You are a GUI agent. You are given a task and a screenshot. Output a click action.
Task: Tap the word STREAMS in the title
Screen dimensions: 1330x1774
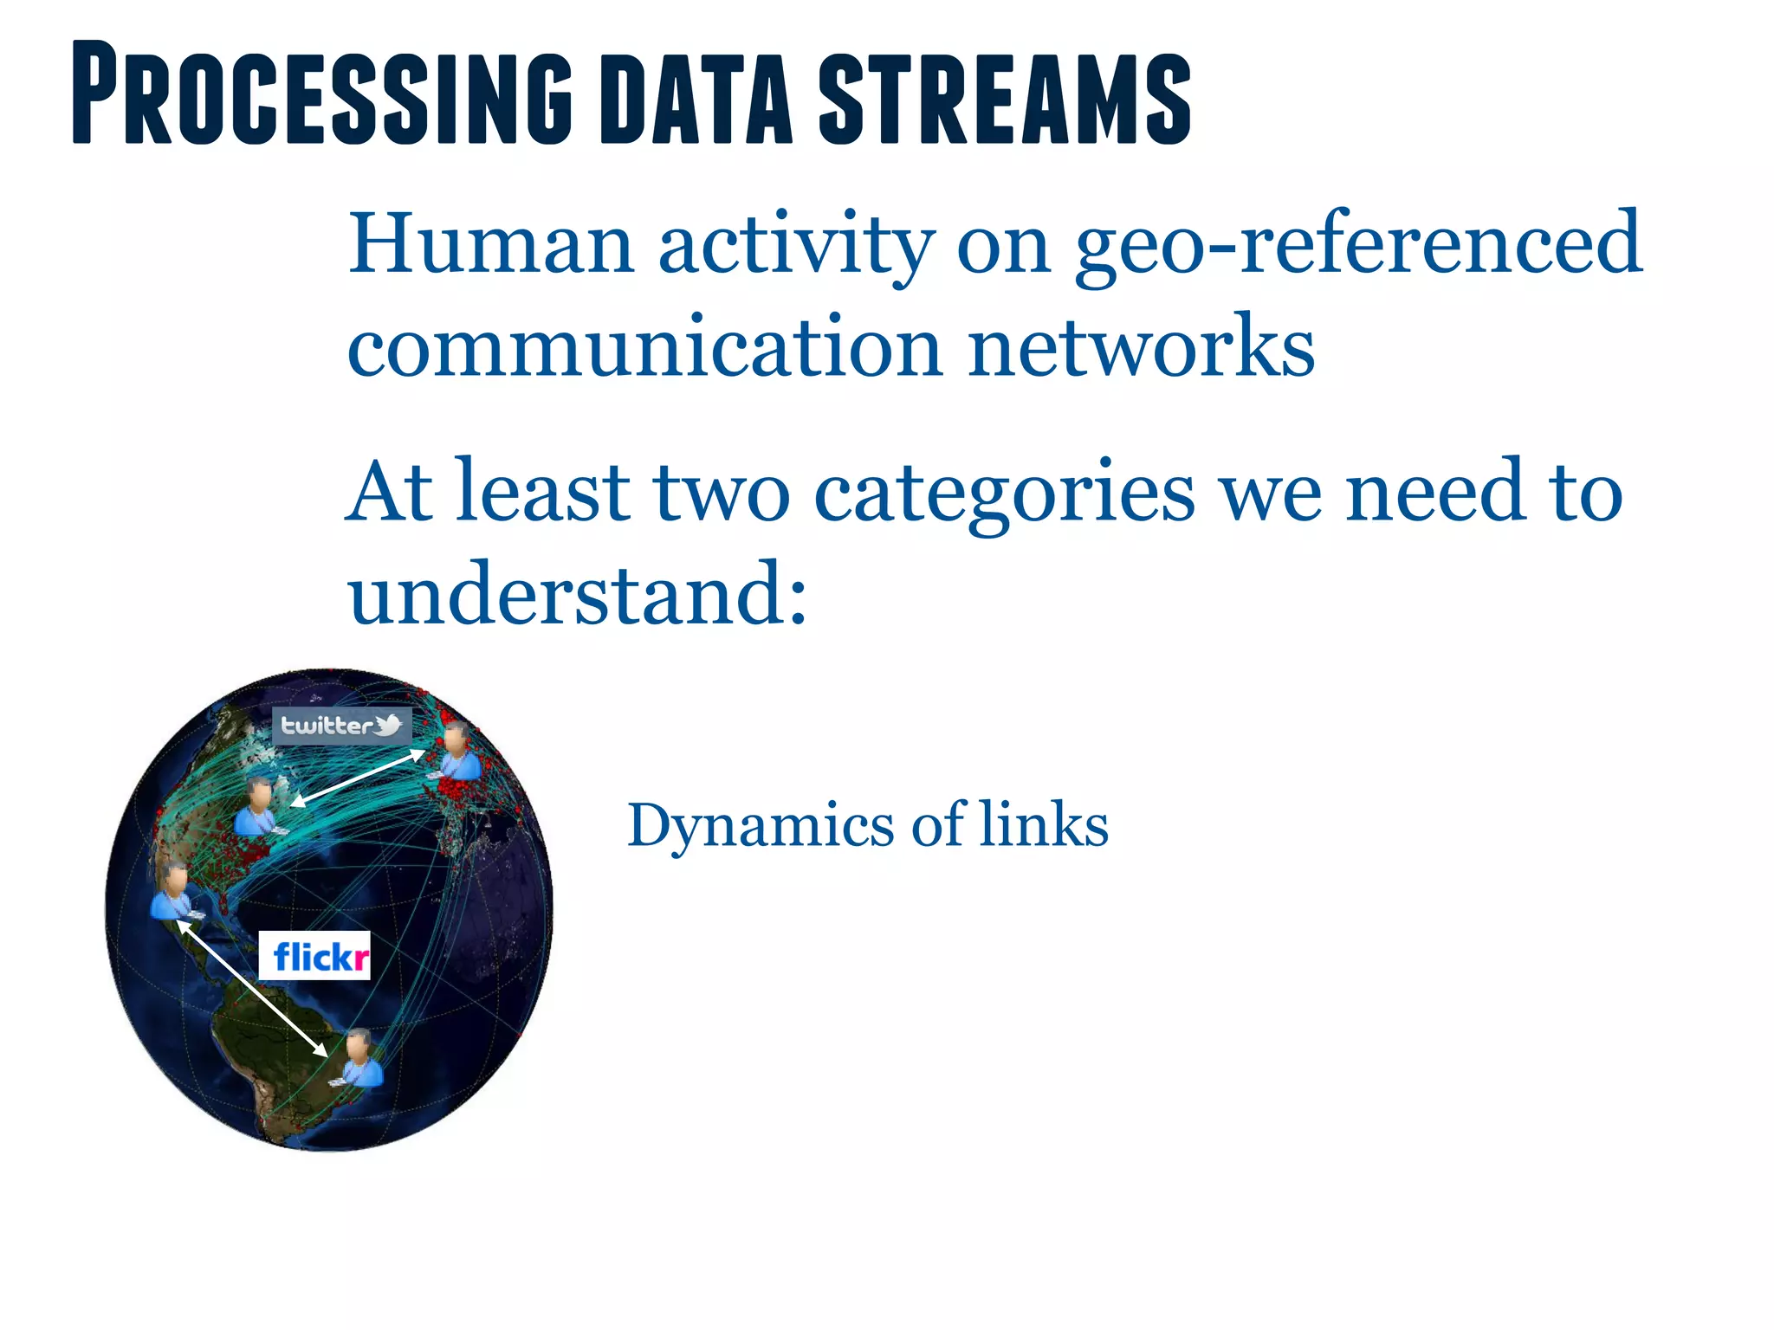click(1005, 97)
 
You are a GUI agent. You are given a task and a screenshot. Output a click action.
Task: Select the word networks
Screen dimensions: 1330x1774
click(1141, 346)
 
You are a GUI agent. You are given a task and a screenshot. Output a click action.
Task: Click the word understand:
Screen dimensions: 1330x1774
click(578, 593)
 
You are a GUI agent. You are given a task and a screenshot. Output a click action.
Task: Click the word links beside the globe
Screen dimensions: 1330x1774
click(1044, 824)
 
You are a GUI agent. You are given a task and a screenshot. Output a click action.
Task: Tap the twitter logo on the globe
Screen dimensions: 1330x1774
click(341, 725)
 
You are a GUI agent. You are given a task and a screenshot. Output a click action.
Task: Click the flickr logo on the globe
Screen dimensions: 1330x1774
click(315, 956)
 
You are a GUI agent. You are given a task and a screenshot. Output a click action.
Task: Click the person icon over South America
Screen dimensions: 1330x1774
click(361, 1058)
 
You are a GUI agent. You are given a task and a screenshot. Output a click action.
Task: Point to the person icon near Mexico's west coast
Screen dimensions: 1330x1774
click(174, 892)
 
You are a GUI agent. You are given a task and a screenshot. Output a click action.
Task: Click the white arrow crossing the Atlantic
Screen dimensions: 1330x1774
click(358, 778)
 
